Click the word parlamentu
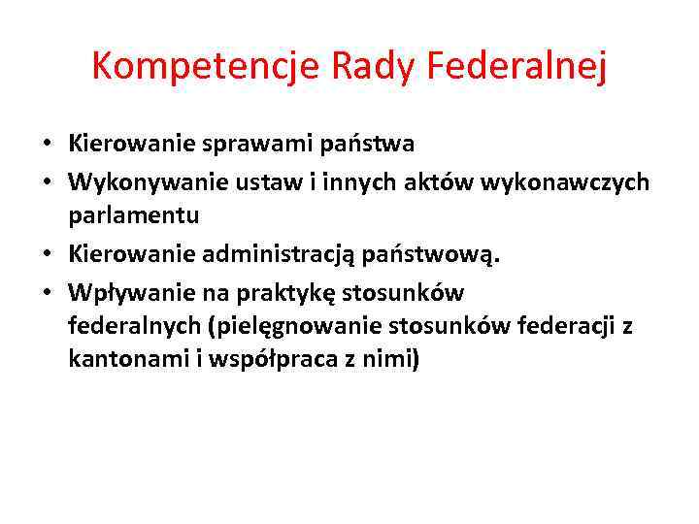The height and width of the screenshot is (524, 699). (134, 214)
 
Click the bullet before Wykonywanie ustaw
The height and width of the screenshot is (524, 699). (46, 182)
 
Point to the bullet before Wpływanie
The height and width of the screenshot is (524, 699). (46, 291)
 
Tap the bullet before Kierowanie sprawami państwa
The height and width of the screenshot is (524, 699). (46, 145)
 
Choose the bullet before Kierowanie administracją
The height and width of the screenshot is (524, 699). (46, 253)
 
